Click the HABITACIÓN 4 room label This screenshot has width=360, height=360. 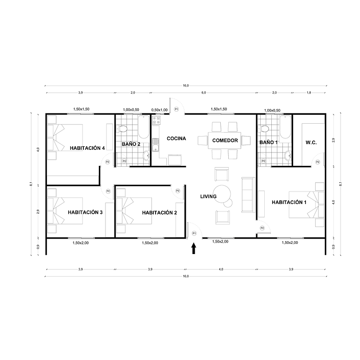click(x=87, y=148)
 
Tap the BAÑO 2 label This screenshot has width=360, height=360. click(x=131, y=144)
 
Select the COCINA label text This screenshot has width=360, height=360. click(x=176, y=138)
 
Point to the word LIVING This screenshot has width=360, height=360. click(x=208, y=196)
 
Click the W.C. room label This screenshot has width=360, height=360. click(x=310, y=142)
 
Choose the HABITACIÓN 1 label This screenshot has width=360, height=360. click(x=289, y=202)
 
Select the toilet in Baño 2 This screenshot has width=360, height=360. click(x=123, y=129)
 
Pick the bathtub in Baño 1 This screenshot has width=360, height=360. click(x=286, y=127)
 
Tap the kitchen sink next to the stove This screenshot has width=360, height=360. click(x=156, y=145)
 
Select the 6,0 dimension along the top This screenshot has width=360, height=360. click(x=203, y=93)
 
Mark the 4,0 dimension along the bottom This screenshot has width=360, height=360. click(x=221, y=269)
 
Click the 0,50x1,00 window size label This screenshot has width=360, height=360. click(x=160, y=110)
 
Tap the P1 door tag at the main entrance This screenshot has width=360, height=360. click(x=194, y=233)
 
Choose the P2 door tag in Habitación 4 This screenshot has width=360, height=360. click(x=107, y=162)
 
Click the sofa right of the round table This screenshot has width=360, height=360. click(x=247, y=194)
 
